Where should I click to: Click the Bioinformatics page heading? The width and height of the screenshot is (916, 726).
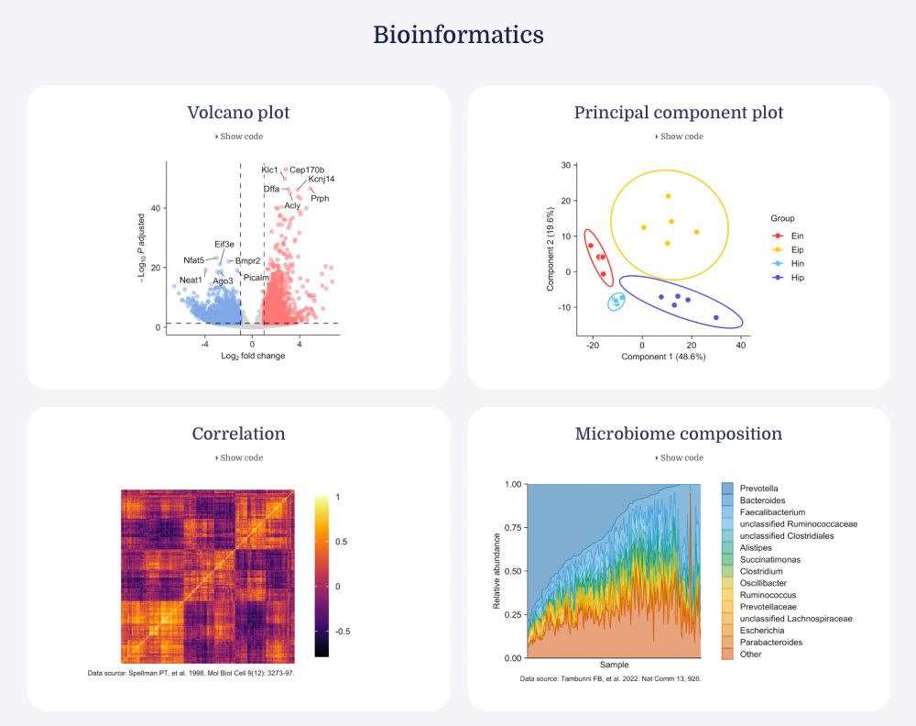[458, 36]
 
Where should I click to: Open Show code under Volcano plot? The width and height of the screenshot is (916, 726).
[239, 137]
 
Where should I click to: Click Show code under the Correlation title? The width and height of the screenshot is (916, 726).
[239, 457]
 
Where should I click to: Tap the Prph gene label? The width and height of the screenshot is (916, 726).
[320, 198]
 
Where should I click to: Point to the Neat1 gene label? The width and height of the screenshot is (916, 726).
[191, 280]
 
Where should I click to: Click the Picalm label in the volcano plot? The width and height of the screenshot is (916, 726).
[257, 277]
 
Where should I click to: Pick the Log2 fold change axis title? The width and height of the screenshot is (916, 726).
[253, 356]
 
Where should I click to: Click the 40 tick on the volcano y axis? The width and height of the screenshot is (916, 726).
[156, 208]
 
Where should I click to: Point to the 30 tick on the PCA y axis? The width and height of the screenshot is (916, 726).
[566, 165]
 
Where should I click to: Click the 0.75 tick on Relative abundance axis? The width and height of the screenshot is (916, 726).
[513, 527]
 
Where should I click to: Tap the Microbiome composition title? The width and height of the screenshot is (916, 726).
[679, 434]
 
